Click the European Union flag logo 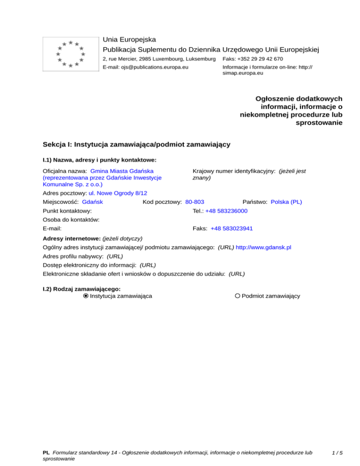tap(70, 54)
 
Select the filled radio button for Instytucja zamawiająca tap(86, 296)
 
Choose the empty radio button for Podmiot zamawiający tap(238, 296)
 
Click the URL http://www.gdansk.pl tap(263, 247)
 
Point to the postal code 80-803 tap(195, 202)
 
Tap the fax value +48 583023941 tap(232, 228)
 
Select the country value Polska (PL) tap(286, 202)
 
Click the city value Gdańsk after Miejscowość tap(92, 202)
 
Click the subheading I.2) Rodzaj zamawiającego tap(82, 289)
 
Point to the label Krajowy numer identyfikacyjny tap(233, 172)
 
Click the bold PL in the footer tap(46, 453)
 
